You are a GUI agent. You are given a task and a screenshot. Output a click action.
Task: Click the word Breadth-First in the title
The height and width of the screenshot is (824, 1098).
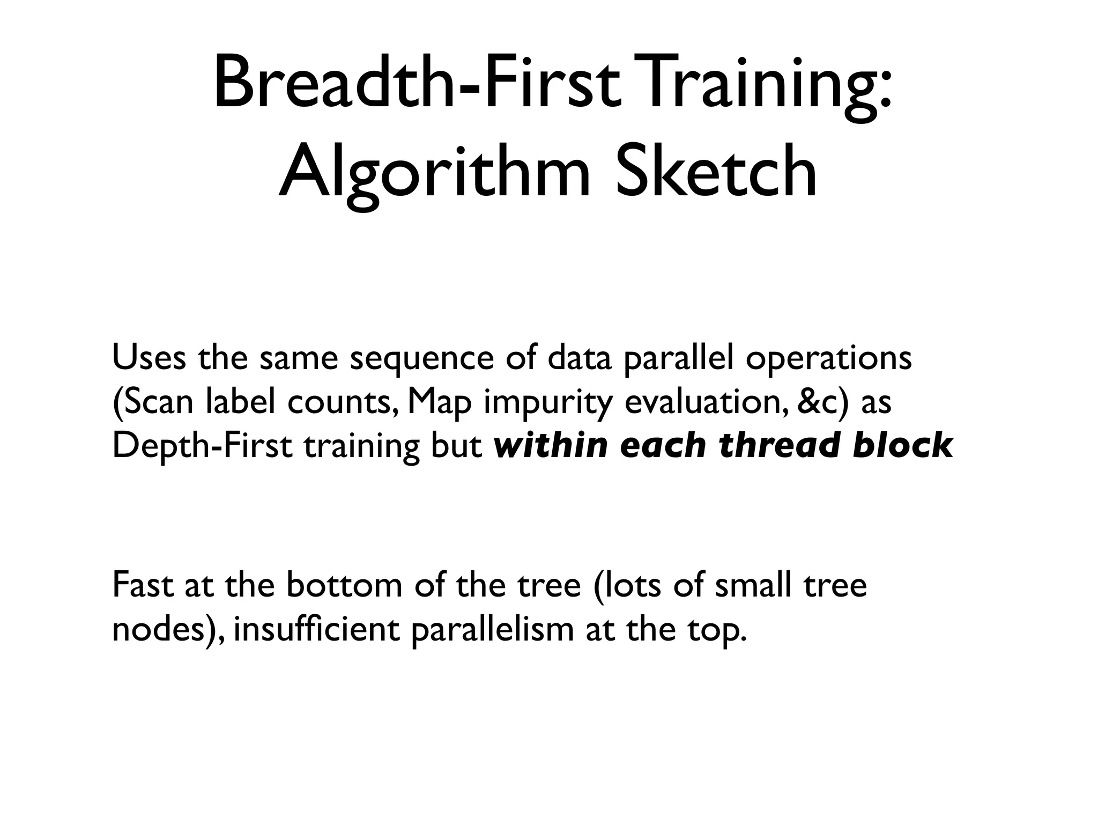pyautogui.click(x=419, y=86)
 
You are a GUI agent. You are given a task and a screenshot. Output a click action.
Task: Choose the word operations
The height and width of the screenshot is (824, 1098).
pyautogui.click(x=829, y=359)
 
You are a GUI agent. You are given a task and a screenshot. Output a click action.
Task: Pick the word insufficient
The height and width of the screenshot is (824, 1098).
pyautogui.click(x=317, y=629)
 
